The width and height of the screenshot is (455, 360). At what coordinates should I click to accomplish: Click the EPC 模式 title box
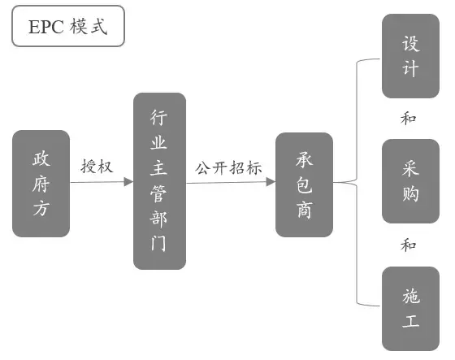tap(68, 26)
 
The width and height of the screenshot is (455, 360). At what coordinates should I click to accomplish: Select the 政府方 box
tap(41, 184)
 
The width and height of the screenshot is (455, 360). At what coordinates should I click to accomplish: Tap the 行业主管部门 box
tap(159, 181)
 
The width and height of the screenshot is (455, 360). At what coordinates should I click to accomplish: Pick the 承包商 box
tap(304, 184)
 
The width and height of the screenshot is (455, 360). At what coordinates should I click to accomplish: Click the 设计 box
tap(410, 56)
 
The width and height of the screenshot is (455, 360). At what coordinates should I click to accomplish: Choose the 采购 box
tap(410, 181)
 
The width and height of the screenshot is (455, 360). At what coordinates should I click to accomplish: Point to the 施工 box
tap(410, 309)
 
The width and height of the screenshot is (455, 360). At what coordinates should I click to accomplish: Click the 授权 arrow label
tap(97, 167)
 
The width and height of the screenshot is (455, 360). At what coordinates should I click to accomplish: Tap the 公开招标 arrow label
tap(228, 167)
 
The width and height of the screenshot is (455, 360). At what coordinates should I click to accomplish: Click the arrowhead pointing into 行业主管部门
tap(128, 182)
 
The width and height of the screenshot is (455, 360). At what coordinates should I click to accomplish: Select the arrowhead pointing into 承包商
tap(271, 182)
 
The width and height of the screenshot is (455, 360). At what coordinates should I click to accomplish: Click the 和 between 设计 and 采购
tap(408, 118)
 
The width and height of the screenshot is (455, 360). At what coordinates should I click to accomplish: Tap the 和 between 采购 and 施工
tap(408, 245)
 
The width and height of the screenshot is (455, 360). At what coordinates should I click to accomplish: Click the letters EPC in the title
tap(46, 27)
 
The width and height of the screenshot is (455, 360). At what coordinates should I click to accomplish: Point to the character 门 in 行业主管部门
tap(158, 243)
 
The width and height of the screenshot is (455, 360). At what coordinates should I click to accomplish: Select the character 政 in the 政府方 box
tap(41, 158)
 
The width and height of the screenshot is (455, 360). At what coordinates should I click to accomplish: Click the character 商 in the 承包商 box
tap(305, 210)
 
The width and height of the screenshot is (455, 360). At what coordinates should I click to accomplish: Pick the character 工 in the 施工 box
tap(410, 321)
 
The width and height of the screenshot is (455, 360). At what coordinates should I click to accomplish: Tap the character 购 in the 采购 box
tap(410, 193)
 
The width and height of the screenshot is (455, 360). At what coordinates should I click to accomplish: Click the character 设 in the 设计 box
tap(410, 44)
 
